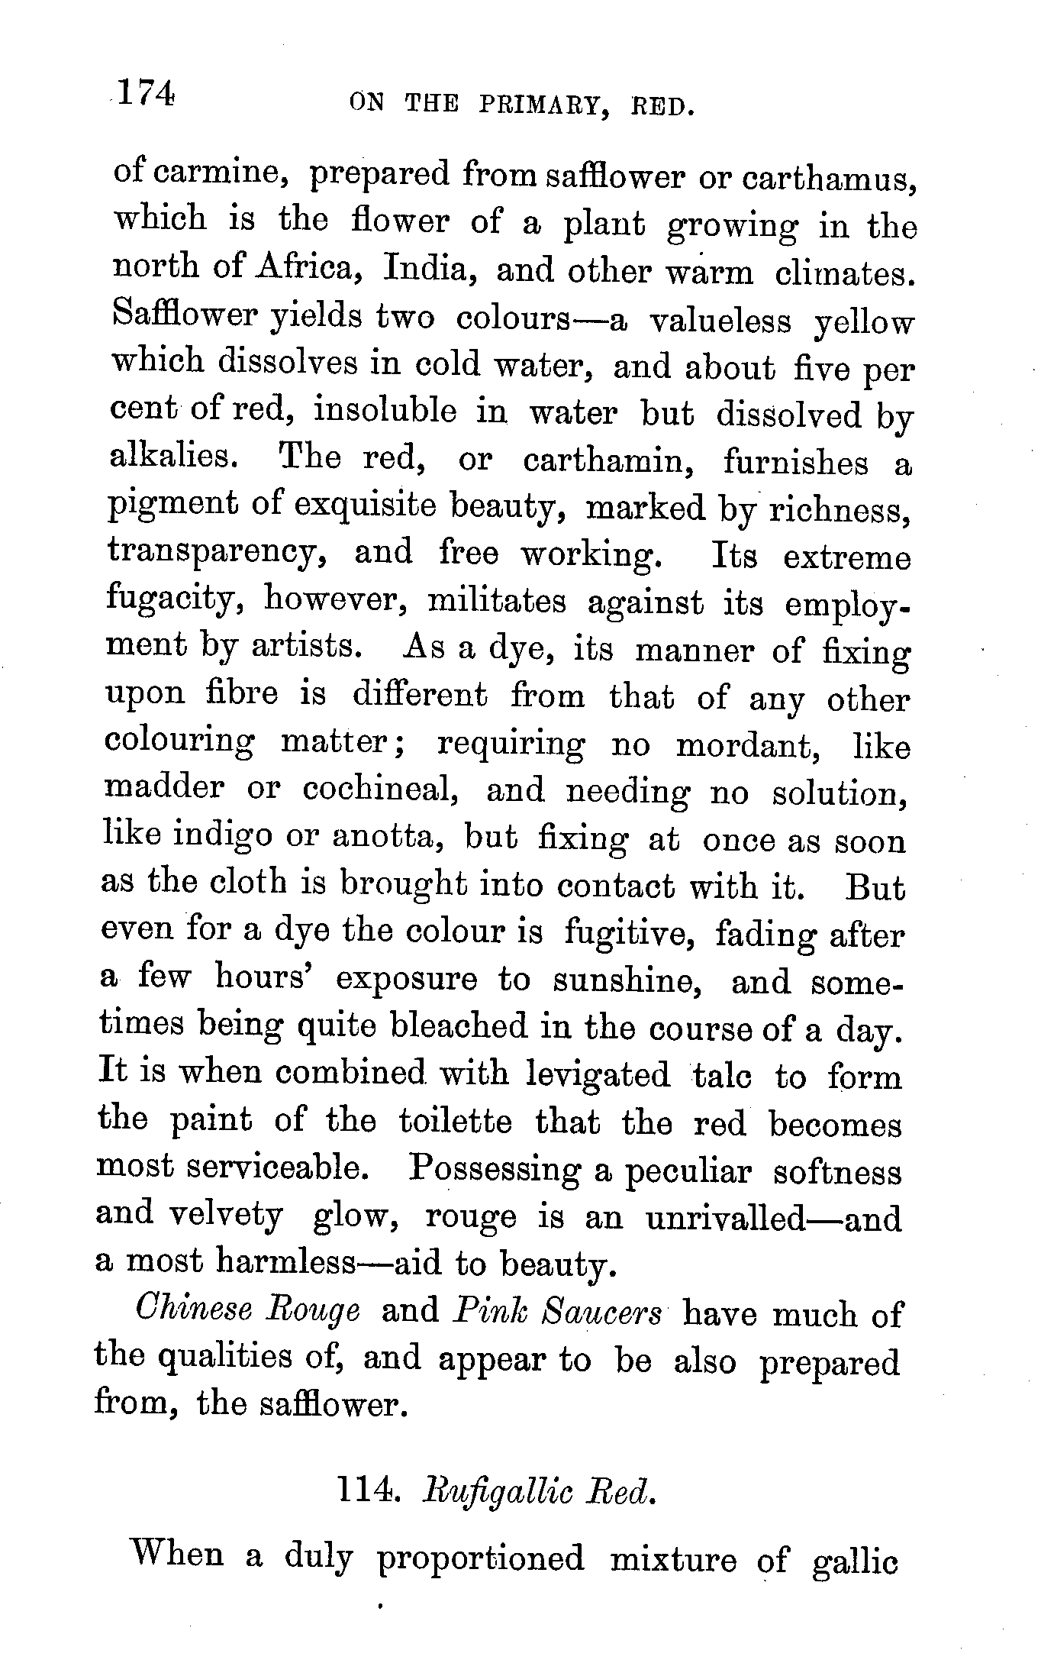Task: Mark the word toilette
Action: (455, 1122)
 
